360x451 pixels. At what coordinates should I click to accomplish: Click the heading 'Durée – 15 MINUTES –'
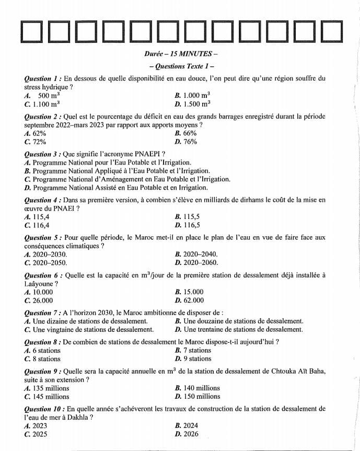click(180, 54)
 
